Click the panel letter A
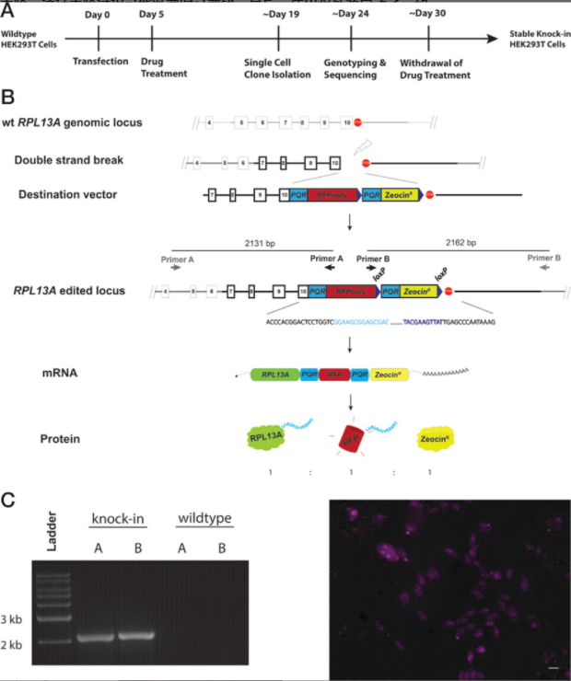(x=8, y=10)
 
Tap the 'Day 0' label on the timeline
(x=97, y=16)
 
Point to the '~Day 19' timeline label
(x=277, y=16)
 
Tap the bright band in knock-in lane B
(x=133, y=636)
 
